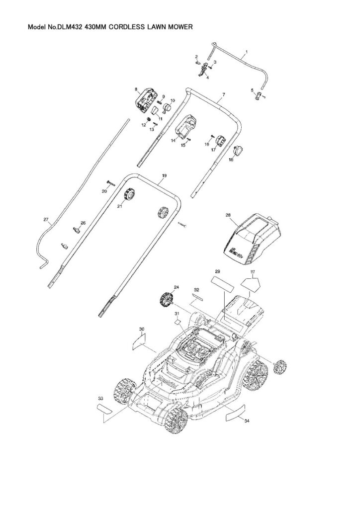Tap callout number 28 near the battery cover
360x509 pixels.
228,216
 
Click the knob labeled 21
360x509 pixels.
131,193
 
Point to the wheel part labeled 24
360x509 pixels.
165,299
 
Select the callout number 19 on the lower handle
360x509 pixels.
164,176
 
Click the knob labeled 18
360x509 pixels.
239,150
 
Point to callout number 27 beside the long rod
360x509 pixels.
46,219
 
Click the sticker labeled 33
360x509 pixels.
105,409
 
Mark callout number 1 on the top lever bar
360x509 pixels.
247,52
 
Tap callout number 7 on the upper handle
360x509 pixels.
224,94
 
